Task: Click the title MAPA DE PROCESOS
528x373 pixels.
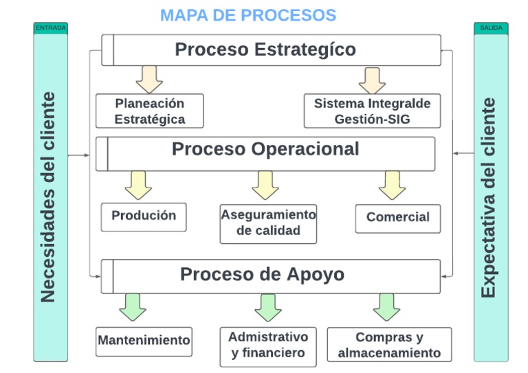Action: pos(248,14)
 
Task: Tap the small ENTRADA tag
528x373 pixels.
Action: pos(50,28)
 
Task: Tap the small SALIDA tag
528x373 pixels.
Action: pos(491,28)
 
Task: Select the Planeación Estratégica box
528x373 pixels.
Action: pos(150,111)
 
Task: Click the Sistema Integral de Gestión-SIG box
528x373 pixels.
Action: pos(372,111)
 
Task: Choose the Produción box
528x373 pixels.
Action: pos(144,216)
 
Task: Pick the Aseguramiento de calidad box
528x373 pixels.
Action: pos(268,223)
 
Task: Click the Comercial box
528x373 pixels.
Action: pos(397,218)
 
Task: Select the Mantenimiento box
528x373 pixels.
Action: pos(144,341)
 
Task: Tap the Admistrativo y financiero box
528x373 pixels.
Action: pos(268,346)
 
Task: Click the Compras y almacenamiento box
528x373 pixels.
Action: pos(389,345)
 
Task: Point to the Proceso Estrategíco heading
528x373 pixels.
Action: pos(265,50)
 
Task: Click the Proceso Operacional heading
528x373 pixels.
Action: pos(265,150)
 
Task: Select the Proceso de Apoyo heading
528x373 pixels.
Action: pos(263,275)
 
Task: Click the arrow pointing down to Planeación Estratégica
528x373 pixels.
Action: pos(149,79)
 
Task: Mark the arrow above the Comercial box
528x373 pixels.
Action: pos(393,184)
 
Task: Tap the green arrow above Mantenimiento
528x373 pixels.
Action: pos(133,306)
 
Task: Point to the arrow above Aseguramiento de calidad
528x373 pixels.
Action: pos(265,184)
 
